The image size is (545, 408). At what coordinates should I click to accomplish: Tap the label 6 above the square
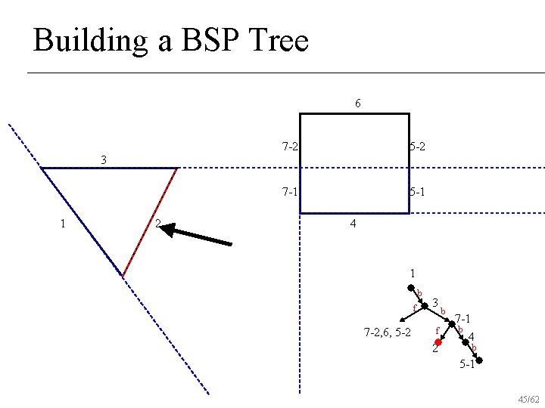357,103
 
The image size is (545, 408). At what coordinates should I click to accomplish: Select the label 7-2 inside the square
288,147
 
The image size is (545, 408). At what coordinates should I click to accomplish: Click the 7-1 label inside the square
288,193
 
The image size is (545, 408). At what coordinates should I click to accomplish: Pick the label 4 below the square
353,224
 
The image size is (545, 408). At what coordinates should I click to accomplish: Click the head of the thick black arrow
168,227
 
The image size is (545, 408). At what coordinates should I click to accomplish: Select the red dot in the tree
438,342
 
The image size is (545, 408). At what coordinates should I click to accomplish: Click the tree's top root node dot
410,288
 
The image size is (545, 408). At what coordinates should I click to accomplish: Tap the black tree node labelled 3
425,306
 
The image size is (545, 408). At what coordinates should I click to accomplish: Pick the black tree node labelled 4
466,342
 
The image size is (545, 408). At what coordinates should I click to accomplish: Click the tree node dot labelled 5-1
478,360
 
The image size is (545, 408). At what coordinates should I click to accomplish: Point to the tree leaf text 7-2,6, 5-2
387,332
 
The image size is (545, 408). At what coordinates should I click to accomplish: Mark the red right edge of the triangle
150,221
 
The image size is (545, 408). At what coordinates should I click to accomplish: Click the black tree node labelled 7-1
453,324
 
